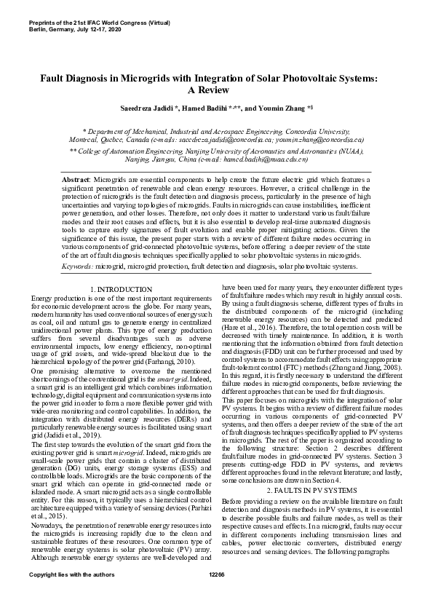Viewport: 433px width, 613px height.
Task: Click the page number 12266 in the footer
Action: pyautogui.click(x=216, y=596)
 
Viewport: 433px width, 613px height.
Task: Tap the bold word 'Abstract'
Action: pyautogui.click(x=74, y=178)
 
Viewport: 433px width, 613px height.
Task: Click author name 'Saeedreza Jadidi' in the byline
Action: pyautogui.click(x=146, y=108)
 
